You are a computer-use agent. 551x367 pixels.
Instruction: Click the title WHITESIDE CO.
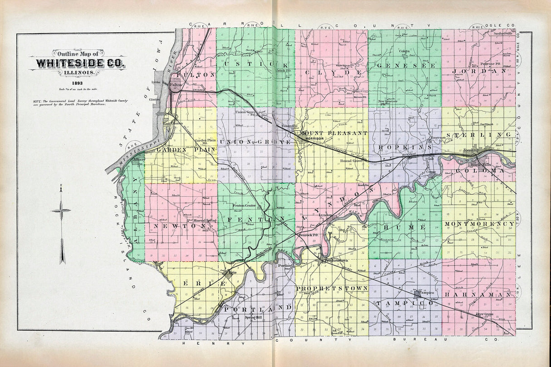coord(77,63)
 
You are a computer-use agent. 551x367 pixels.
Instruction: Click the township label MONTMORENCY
coord(479,224)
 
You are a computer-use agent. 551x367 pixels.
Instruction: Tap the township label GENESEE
coord(404,66)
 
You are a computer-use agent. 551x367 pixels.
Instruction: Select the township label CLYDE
coord(330,73)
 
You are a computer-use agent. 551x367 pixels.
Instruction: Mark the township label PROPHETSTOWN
coord(332,288)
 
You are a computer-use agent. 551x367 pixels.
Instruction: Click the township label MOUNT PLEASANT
coord(333,133)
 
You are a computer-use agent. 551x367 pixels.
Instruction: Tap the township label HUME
coord(404,226)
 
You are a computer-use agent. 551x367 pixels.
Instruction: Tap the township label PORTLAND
coord(257,308)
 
